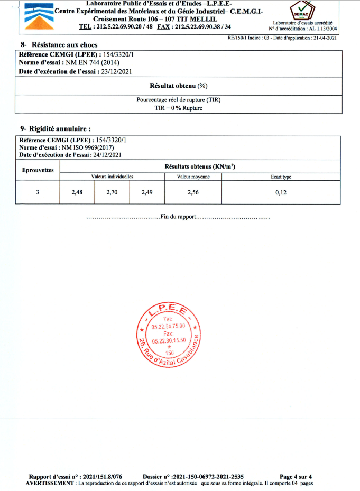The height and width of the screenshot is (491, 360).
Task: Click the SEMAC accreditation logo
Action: tap(300, 12)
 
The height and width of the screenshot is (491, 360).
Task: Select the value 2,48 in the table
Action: tap(77, 192)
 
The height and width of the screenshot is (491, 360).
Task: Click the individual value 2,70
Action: tap(112, 192)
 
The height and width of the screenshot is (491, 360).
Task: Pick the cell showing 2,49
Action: tap(147, 192)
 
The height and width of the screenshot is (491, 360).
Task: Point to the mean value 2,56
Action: tap(193, 192)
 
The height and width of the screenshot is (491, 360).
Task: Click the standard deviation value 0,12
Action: tap(281, 192)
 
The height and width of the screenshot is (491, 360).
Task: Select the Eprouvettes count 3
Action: tap(38, 192)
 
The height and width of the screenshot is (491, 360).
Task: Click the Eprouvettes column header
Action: tap(38, 171)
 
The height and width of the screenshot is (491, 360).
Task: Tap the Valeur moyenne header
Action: tap(193, 177)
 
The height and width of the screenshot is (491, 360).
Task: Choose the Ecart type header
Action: tap(281, 177)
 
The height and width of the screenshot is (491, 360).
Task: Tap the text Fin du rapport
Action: tap(178, 217)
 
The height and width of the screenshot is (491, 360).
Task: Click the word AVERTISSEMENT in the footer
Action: tap(50, 483)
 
